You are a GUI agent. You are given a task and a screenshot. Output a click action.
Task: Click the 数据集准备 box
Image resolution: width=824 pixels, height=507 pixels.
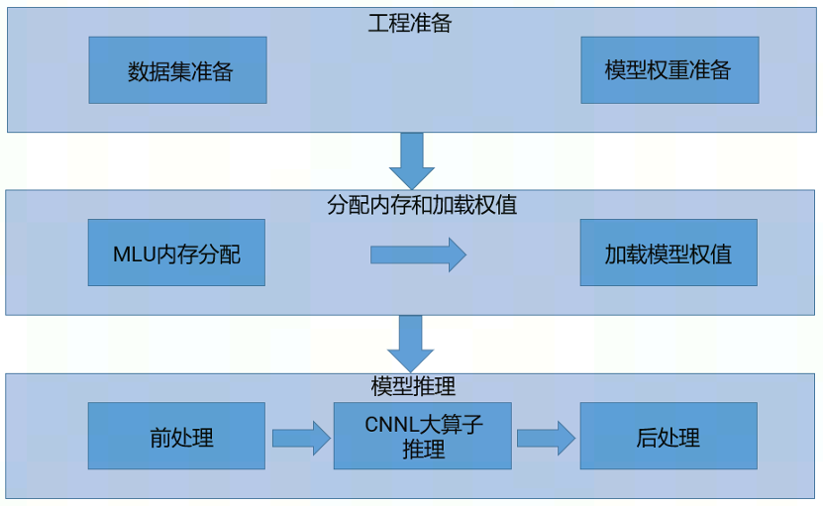tap(177, 70)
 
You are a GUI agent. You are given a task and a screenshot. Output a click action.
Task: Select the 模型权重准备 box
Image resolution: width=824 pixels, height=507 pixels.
tap(669, 70)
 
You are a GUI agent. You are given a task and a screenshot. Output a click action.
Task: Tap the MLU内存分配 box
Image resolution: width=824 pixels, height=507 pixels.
tap(176, 253)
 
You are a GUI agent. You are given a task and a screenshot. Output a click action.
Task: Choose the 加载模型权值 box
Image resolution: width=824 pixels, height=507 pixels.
tap(669, 253)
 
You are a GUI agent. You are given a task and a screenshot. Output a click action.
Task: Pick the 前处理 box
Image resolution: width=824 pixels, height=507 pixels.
tap(176, 436)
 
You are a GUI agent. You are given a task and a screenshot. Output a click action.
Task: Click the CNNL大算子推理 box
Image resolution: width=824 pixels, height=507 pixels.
tap(423, 436)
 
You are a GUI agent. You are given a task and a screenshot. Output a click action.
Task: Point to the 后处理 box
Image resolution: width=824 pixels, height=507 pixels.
tap(669, 436)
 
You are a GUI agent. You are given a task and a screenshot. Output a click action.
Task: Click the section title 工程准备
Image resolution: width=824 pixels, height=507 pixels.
tap(409, 23)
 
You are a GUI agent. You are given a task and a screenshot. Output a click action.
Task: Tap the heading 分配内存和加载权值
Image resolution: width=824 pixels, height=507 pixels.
tap(422, 205)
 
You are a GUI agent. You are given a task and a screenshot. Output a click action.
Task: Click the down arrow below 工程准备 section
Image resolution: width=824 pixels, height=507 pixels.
tap(411, 158)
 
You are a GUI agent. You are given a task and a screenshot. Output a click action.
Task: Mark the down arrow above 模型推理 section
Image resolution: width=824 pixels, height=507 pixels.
tap(410, 343)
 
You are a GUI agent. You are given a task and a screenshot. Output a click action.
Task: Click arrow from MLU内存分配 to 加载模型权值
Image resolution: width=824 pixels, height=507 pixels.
tap(418, 254)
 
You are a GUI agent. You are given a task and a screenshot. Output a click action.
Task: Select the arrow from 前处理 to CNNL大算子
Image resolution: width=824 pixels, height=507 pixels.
tap(300, 437)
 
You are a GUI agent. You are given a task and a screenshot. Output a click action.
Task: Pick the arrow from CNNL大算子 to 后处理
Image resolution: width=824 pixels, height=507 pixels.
tap(546, 437)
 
